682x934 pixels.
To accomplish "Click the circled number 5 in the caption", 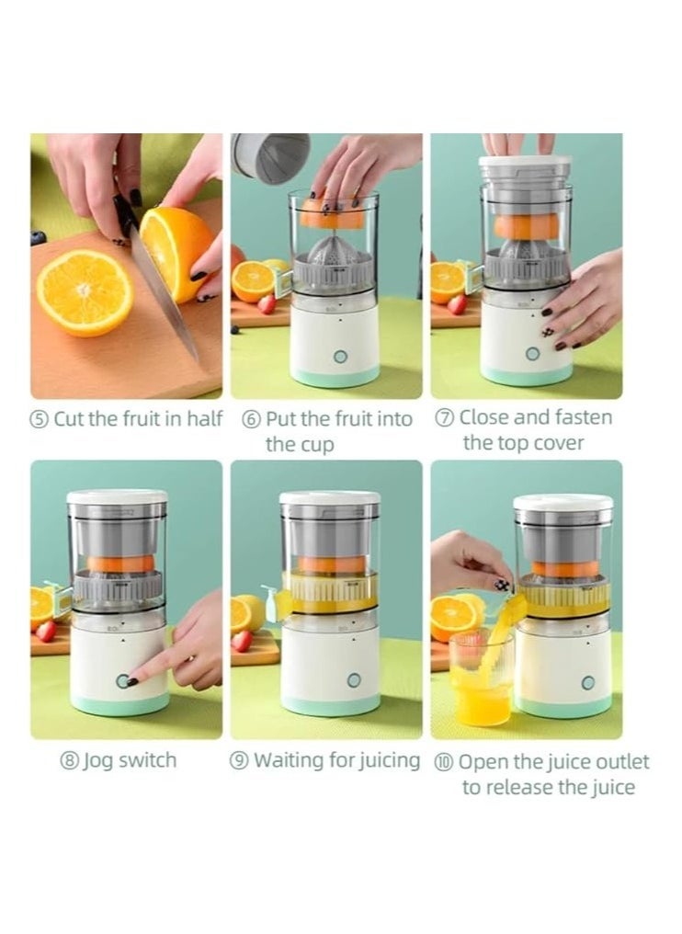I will click(x=40, y=420).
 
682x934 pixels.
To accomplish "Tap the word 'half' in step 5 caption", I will click(x=203, y=419).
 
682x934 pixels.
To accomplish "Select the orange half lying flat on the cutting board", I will click(x=85, y=292).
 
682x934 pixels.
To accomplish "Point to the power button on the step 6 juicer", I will click(x=340, y=356).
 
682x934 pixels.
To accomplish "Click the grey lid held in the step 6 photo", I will click(x=270, y=157).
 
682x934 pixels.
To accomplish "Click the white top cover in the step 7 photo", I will click(x=525, y=165).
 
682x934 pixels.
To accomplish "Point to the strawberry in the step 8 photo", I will click(x=45, y=631).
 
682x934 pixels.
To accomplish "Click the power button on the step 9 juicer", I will click(x=354, y=680).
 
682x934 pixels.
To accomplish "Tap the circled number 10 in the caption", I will click(x=444, y=763).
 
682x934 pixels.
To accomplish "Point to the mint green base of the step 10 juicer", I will click(x=563, y=706).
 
